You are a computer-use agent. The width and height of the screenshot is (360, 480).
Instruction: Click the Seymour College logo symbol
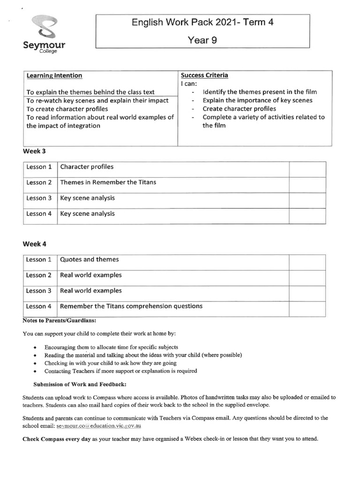click(x=44, y=28)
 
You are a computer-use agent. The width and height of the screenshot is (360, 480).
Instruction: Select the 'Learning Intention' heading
click(x=54, y=75)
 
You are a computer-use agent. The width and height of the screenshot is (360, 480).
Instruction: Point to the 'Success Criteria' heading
click(x=204, y=75)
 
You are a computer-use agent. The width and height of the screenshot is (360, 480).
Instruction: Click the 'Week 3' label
click(x=34, y=151)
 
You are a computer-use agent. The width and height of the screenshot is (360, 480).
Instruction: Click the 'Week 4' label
click(x=34, y=244)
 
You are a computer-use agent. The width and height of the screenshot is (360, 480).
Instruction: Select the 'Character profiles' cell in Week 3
click(x=87, y=167)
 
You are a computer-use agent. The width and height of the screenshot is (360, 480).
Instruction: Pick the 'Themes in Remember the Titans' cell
click(x=108, y=182)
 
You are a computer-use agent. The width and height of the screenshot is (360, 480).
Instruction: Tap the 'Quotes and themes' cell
click(x=90, y=259)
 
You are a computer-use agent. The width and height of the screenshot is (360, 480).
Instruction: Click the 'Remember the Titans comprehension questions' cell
click(x=131, y=306)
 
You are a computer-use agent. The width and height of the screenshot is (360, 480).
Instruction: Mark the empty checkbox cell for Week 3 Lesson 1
click(x=307, y=169)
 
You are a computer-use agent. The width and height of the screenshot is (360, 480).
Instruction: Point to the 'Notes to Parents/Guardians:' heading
click(x=59, y=321)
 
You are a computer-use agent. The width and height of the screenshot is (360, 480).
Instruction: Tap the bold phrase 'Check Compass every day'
click(x=57, y=439)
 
